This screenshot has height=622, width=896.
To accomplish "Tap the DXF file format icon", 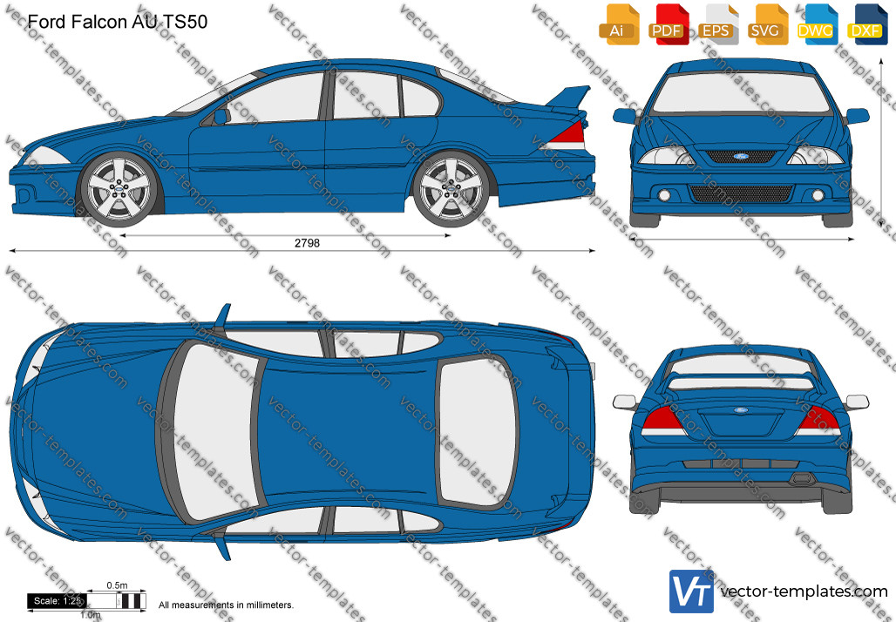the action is (x=866, y=24).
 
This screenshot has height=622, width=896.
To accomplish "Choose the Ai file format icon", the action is (x=618, y=24).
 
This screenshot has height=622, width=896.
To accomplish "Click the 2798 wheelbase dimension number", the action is (x=307, y=243).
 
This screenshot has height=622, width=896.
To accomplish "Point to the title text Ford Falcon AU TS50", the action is (x=117, y=22).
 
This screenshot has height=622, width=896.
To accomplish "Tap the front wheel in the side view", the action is (x=119, y=188).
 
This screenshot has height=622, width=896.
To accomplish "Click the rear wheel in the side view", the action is (x=451, y=188).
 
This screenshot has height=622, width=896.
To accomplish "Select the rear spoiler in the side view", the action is (x=567, y=97).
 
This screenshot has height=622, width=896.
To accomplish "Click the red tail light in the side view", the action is (x=569, y=134).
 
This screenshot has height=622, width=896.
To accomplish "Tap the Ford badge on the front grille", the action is (x=741, y=156).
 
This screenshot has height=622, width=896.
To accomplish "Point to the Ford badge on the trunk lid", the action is (x=741, y=409).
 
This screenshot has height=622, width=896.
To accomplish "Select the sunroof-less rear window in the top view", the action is (x=477, y=432).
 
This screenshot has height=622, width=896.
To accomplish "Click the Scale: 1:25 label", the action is (x=58, y=601).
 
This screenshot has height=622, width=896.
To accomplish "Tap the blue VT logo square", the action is (x=691, y=592).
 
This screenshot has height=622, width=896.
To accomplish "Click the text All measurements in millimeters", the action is (x=226, y=605).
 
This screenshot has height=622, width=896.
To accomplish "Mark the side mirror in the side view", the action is (x=221, y=117).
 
